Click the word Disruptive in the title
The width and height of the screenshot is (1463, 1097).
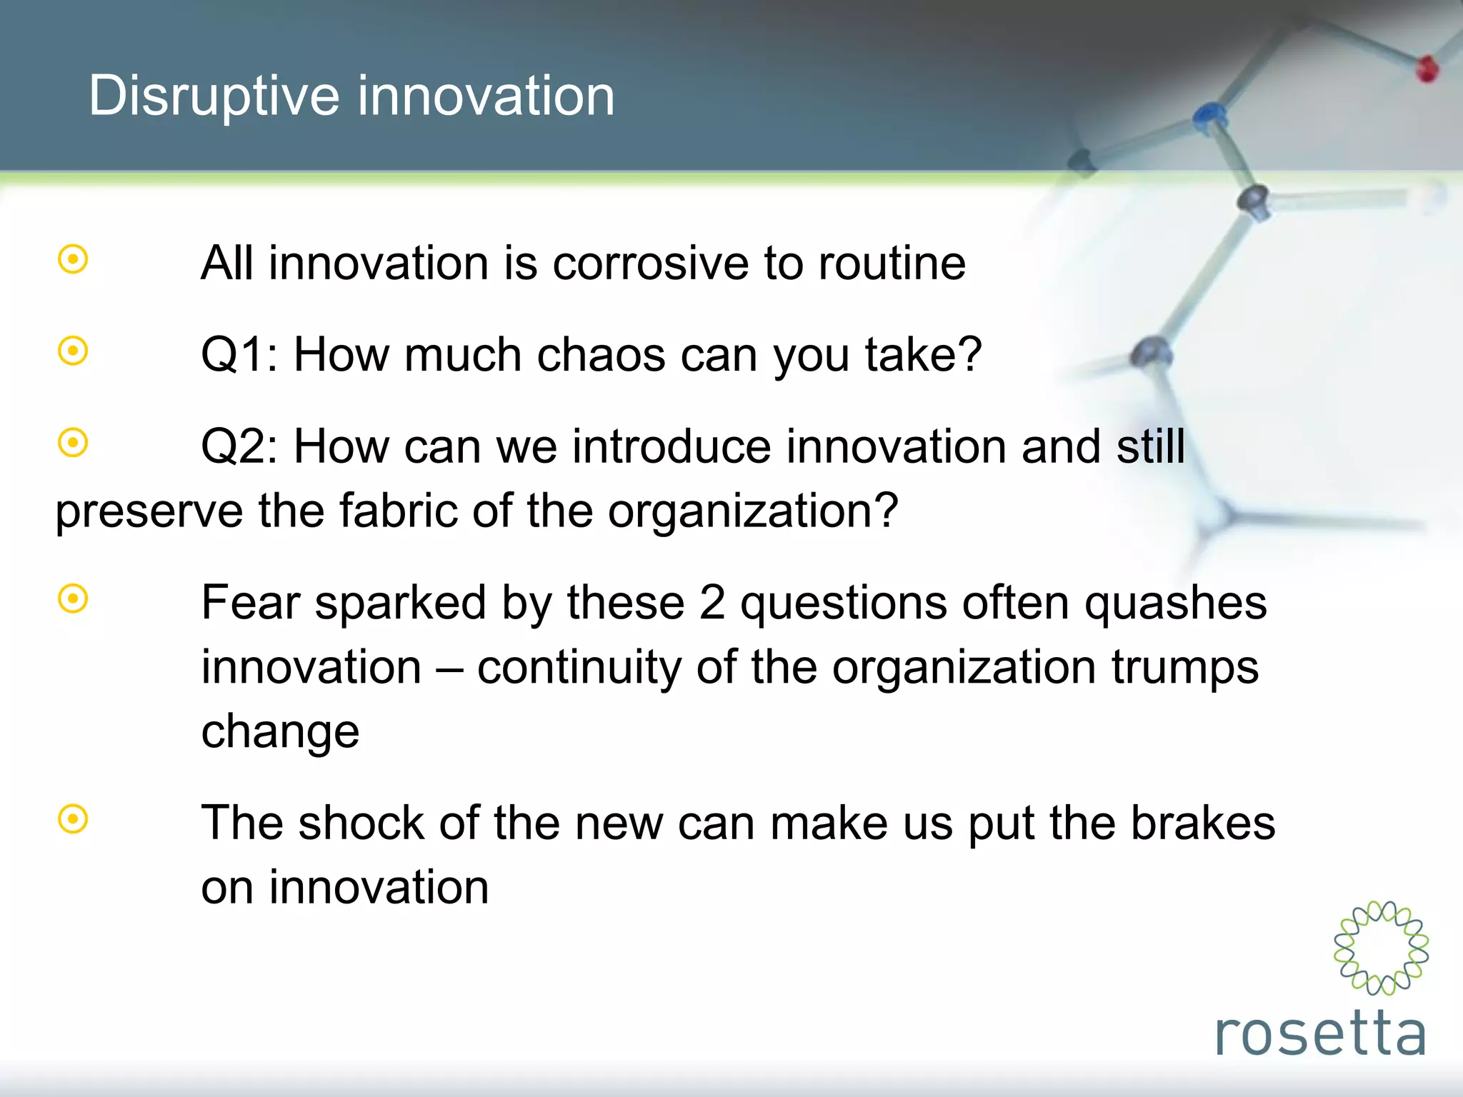pyautogui.click(x=214, y=96)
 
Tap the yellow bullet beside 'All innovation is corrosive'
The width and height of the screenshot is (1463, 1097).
pyautogui.click(x=73, y=259)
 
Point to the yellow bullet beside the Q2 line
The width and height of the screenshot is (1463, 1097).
pyautogui.click(x=73, y=443)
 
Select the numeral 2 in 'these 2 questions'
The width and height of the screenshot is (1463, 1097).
pyautogui.click(x=712, y=603)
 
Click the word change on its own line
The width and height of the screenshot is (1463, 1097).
pyautogui.click(x=280, y=733)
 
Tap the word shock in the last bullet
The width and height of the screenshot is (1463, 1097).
pyautogui.click(x=361, y=823)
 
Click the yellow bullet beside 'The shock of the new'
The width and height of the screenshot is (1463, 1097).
pyautogui.click(x=73, y=819)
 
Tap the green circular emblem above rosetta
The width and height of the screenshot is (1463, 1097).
pyautogui.click(x=1381, y=948)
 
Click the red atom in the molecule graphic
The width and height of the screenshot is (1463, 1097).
pyautogui.click(x=1427, y=69)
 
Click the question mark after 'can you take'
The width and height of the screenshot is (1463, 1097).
pyautogui.click(x=968, y=355)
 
